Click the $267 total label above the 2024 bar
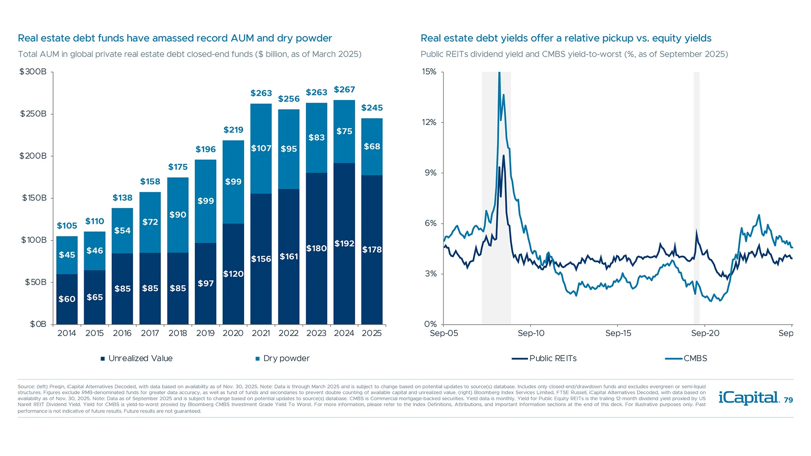[x=344, y=90]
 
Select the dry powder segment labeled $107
[x=261, y=148]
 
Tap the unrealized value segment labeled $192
[x=344, y=244]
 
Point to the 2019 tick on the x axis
[x=205, y=333]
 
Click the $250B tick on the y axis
[x=33, y=114]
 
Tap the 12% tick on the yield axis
[x=429, y=122]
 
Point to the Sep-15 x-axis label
[x=618, y=333]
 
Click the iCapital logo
[x=748, y=398]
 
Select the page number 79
[x=788, y=400]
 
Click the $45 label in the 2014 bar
[x=67, y=255]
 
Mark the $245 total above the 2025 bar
[x=372, y=108]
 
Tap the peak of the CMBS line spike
[x=499, y=73]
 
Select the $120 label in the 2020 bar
[x=233, y=274]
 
